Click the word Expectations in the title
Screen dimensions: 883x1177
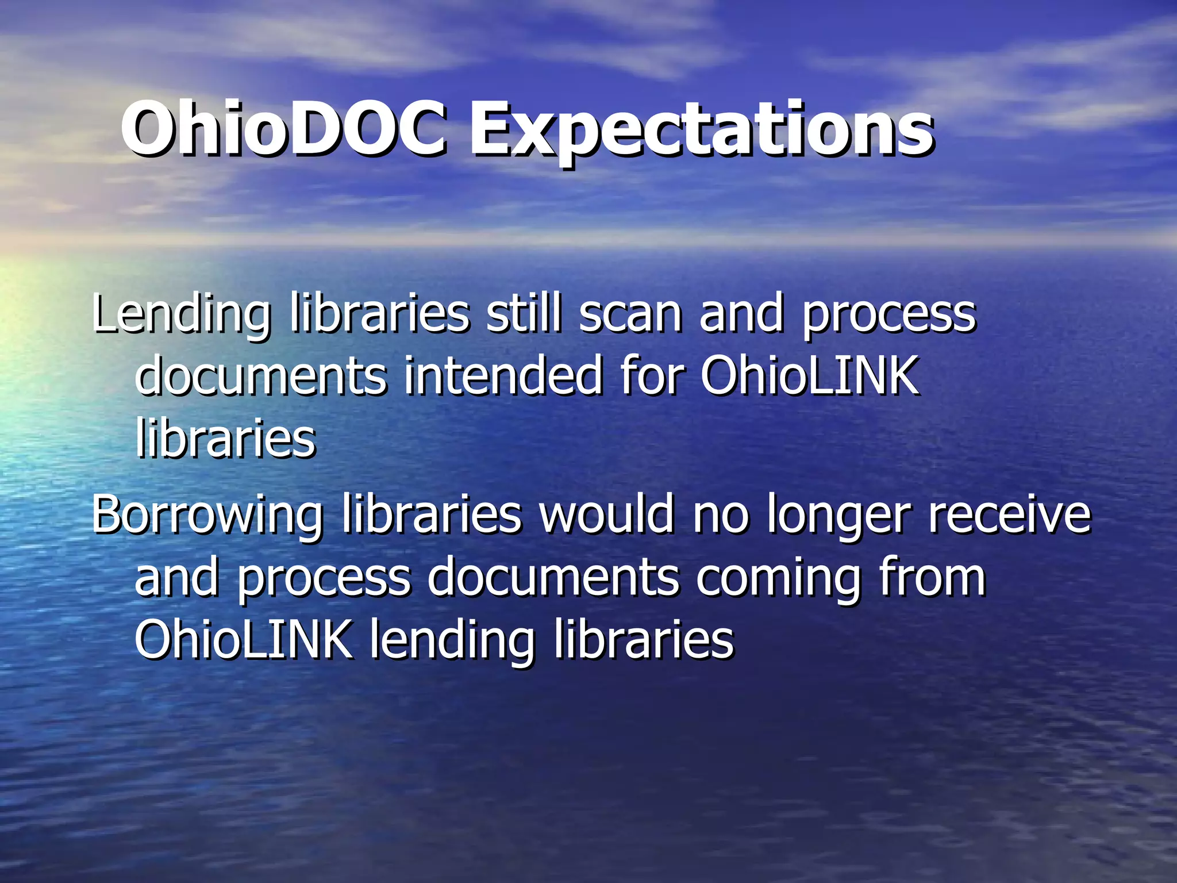(x=701, y=131)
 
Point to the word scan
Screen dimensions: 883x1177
(x=630, y=315)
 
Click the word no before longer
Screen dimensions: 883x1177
(x=721, y=515)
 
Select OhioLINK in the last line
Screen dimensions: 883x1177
(x=244, y=640)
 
